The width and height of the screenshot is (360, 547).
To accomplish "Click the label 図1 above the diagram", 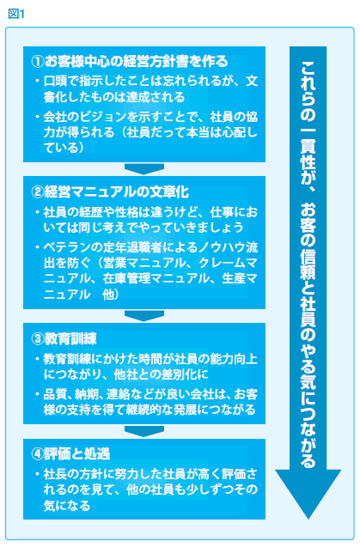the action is (x=16, y=14).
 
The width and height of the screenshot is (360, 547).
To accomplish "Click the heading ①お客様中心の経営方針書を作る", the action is (x=130, y=62).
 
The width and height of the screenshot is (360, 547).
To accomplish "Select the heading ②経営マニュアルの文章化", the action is (x=110, y=191).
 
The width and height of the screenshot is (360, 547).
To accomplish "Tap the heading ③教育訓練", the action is (x=64, y=338).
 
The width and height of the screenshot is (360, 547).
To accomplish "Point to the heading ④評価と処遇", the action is (x=70, y=454).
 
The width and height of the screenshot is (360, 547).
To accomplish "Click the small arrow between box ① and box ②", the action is (x=144, y=169).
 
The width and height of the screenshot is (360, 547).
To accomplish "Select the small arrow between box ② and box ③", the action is (x=144, y=316).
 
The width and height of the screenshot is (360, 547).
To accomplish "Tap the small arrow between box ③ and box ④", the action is (x=144, y=431).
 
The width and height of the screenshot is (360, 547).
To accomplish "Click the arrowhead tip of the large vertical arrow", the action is (x=308, y=519).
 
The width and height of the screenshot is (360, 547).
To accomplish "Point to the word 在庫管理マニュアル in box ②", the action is (x=156, y=278).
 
